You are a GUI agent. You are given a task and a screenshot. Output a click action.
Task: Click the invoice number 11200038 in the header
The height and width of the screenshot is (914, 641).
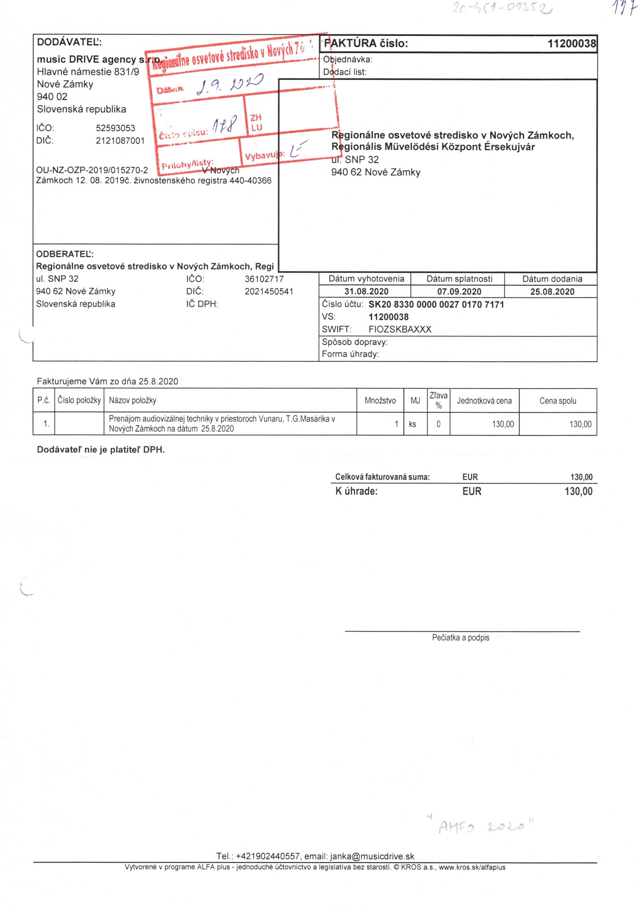click(571, 43)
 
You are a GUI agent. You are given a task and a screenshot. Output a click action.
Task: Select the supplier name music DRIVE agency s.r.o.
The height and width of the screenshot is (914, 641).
click(98, 60)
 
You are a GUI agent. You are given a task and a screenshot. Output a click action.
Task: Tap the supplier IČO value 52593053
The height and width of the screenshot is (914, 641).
click(115, 128)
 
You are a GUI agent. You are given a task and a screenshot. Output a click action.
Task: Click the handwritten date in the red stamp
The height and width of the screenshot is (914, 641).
click(230, 84)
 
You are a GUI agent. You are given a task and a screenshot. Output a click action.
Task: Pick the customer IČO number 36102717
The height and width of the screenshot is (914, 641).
click(264, 279)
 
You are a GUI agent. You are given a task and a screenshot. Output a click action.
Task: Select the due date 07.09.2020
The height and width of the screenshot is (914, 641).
click(459, 291)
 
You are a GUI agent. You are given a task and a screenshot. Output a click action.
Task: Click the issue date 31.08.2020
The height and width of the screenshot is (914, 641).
click(366, 291)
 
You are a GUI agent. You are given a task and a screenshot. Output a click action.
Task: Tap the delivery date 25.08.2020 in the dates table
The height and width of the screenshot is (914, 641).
click(552, 291)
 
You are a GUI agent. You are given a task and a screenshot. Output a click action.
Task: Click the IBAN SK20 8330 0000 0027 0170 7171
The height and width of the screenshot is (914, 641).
click(436, 304)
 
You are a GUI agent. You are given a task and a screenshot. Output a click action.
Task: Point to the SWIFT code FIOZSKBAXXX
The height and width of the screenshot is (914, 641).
click(400, 329)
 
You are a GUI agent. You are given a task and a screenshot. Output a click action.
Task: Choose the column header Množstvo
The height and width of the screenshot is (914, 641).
click(380, 400)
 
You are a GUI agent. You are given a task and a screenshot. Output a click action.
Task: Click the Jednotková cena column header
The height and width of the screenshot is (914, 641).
click(484, 400)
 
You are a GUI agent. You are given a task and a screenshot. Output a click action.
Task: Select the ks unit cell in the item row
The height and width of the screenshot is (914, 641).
click(412, 424)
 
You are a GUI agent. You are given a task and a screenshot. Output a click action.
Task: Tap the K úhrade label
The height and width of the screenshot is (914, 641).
click(356, 491)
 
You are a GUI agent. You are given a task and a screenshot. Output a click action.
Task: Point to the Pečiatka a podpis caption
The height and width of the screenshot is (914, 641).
click(461, 637)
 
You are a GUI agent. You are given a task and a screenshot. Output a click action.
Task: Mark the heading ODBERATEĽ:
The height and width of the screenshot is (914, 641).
click(65, 254)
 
